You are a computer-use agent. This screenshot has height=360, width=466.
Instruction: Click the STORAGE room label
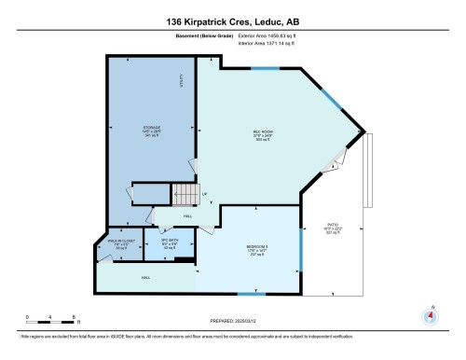(153, 131)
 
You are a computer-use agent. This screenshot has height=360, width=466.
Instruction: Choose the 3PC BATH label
(169, 244)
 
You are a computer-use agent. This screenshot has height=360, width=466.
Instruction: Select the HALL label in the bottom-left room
(146, 277)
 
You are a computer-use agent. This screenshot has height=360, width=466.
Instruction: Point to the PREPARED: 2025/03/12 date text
(232, 323)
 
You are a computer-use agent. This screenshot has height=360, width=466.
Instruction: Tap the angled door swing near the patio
(330, 167)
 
